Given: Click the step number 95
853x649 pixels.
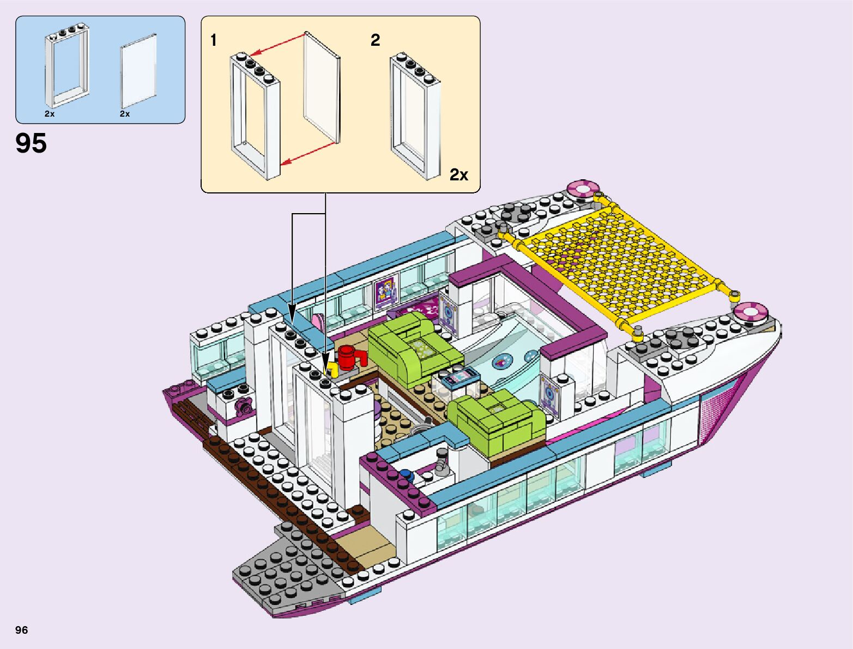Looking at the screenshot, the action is coord(31,143).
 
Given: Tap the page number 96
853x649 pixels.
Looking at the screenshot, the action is coord(21,630).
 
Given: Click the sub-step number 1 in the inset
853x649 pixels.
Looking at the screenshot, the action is coord(214,40).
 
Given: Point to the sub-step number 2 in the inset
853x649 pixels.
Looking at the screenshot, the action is coord(375,40).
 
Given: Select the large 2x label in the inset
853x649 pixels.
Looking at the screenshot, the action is coord(458,174).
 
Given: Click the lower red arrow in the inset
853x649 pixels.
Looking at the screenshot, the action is coord(307,153).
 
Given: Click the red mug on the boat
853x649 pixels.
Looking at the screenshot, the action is coord(347,357).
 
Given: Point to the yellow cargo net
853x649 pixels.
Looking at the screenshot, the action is coord(616,262).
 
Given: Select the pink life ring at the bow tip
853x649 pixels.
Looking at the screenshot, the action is coord(751,313).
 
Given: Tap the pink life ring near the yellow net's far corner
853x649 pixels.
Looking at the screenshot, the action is coord(583,189).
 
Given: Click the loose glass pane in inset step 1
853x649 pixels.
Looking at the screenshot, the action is coord(322,87).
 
